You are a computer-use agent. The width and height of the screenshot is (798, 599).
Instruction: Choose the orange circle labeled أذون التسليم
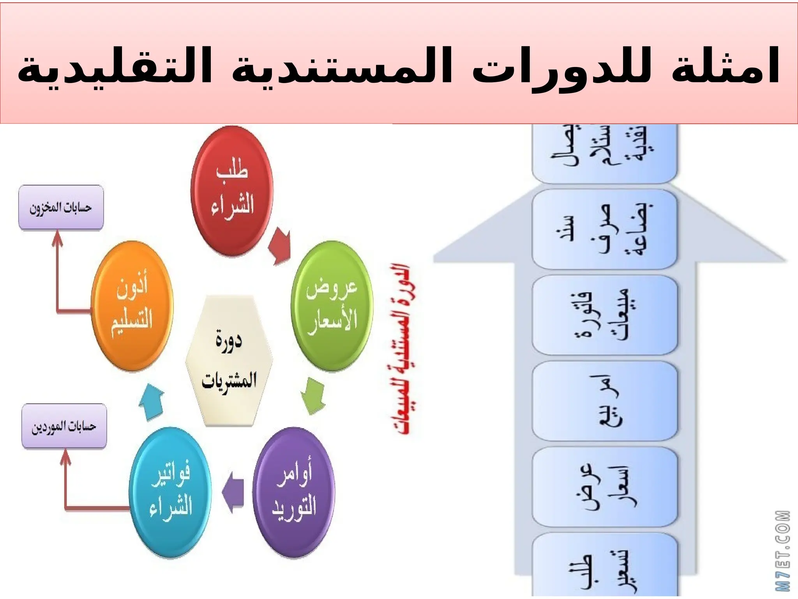132,306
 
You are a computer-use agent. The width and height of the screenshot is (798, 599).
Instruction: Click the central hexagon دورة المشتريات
229,361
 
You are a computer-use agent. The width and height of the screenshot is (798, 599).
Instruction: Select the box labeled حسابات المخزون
61,207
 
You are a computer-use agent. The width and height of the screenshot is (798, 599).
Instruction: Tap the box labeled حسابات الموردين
64,426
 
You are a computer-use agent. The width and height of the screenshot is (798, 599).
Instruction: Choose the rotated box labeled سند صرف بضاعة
604,229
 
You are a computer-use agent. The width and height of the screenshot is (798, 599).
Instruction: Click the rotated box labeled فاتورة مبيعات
604,315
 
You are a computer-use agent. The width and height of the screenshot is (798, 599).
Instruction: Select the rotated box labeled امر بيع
604,401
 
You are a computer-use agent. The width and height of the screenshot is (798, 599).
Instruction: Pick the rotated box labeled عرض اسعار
604,487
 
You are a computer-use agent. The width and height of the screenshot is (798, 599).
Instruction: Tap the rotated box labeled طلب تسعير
604,565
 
